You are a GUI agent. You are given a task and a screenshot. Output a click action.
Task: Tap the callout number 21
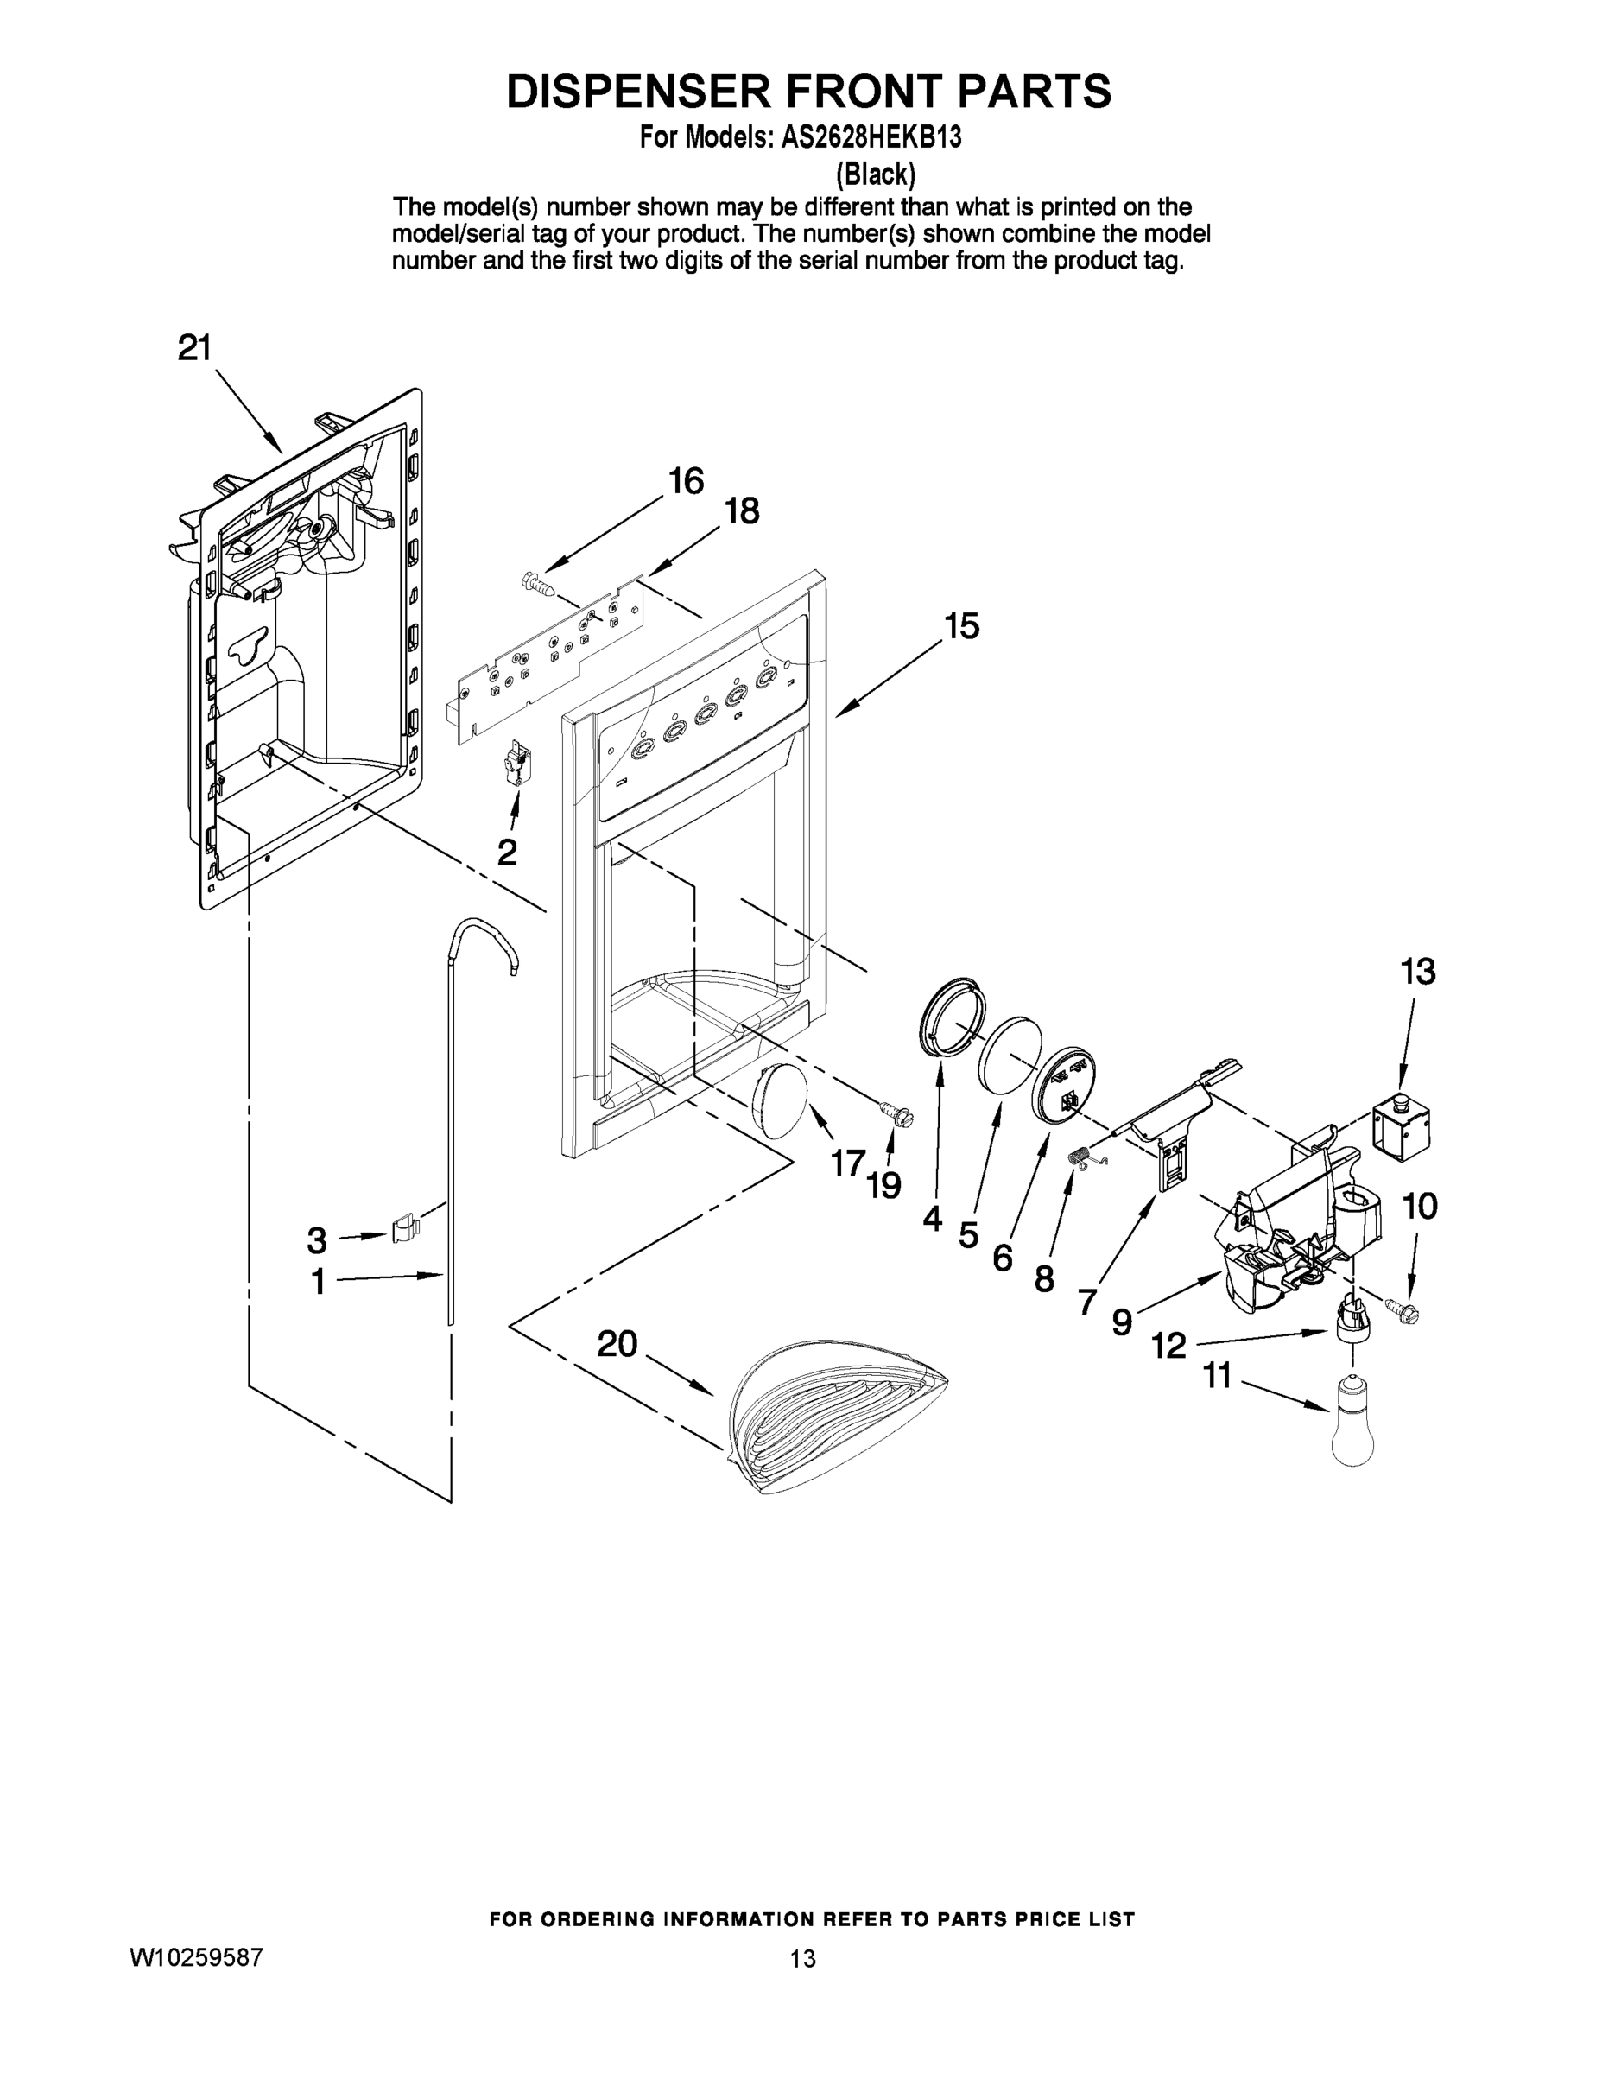(194, 348)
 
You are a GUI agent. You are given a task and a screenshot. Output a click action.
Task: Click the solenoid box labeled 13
(1403, 1130)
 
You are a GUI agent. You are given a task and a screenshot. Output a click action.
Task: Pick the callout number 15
(961, 626)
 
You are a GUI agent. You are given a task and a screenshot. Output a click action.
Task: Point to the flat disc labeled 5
(1010, 1056)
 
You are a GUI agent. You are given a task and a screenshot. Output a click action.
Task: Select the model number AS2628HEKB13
(871, 137)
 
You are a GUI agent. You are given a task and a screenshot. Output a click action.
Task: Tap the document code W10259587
(195, 1957)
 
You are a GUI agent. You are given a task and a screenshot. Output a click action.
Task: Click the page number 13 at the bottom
(803, 1958)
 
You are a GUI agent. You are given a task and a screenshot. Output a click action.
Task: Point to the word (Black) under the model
(874, 174)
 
